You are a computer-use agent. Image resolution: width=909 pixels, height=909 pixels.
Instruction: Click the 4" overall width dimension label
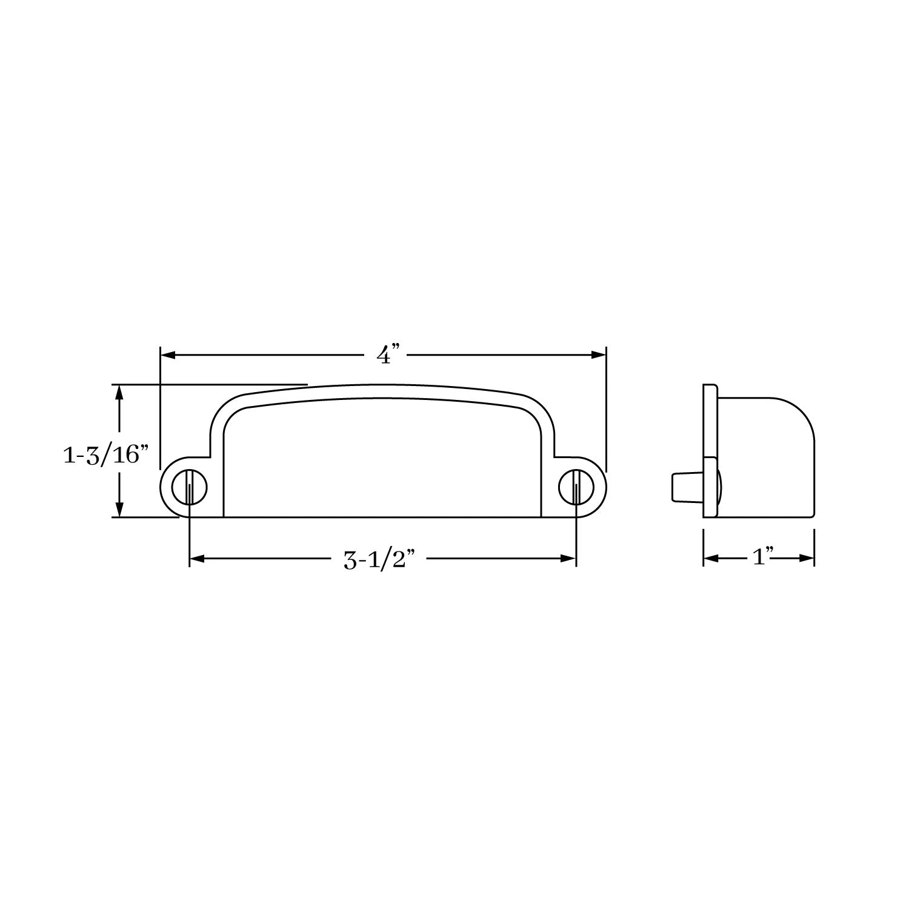tap(388, 355)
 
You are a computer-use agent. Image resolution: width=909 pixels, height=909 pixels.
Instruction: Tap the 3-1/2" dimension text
tap(382, 560)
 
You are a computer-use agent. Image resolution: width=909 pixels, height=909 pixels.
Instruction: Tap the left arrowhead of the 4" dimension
tap(167, 355)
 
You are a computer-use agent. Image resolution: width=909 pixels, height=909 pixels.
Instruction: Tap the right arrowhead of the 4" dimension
tap(599, 355)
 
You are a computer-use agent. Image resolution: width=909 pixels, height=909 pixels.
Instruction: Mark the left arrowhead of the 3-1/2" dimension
tap(198, 559)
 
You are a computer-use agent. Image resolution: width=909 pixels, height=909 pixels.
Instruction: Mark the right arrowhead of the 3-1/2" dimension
tap(568, 559)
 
